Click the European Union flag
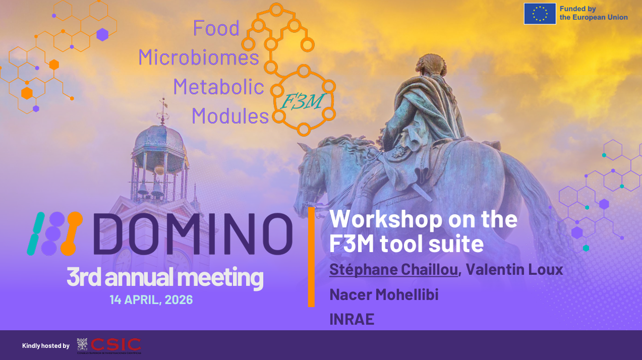[x=540, y=14]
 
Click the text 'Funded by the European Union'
[x=593, y=14]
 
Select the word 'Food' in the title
[x=216, y=28]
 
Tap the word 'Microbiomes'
[x=198, y=57]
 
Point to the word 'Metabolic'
[x=218, y=87]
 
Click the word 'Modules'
[x=230, y=116]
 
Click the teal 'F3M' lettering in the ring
[x=301, y=101]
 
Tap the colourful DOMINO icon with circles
[x=54, y=233]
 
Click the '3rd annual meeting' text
[x=164, y=278]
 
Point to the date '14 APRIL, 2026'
[x=151, y=299]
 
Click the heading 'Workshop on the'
[x=423, y=219]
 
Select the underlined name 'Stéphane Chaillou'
[x=393, y=270]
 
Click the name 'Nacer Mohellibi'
[x=384, y=294]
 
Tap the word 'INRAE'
[x=352, y=319]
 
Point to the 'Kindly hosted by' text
[x=46, y=346]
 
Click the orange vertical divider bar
[x=311, y=257]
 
